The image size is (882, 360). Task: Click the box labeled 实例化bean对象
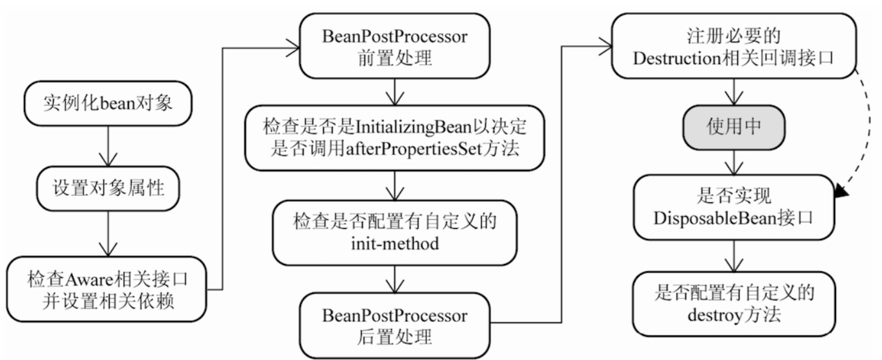coord(108,104)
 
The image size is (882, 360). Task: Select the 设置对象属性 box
coord(108,188)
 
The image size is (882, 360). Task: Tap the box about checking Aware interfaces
coord(106,289)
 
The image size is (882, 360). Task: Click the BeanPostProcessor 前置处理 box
coord(394,46)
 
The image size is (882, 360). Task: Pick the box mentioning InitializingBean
coord(394,138)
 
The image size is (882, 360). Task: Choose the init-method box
coord(394,233)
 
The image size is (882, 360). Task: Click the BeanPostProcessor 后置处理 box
coord(394,326)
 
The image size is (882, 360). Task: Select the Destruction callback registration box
coord(733,46)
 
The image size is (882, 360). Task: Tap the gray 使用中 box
coord(734,127)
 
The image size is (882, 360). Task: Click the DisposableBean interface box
coord(734,207)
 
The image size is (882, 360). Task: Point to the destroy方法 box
coord(734,304)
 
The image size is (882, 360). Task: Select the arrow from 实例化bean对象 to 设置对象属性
coord(108,146)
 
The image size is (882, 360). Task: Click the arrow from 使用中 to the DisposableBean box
coord(734,162)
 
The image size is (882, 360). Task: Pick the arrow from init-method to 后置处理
coord(394,280)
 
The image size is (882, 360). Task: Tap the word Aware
coord(89,280)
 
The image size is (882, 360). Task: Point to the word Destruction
coord(677,58)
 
